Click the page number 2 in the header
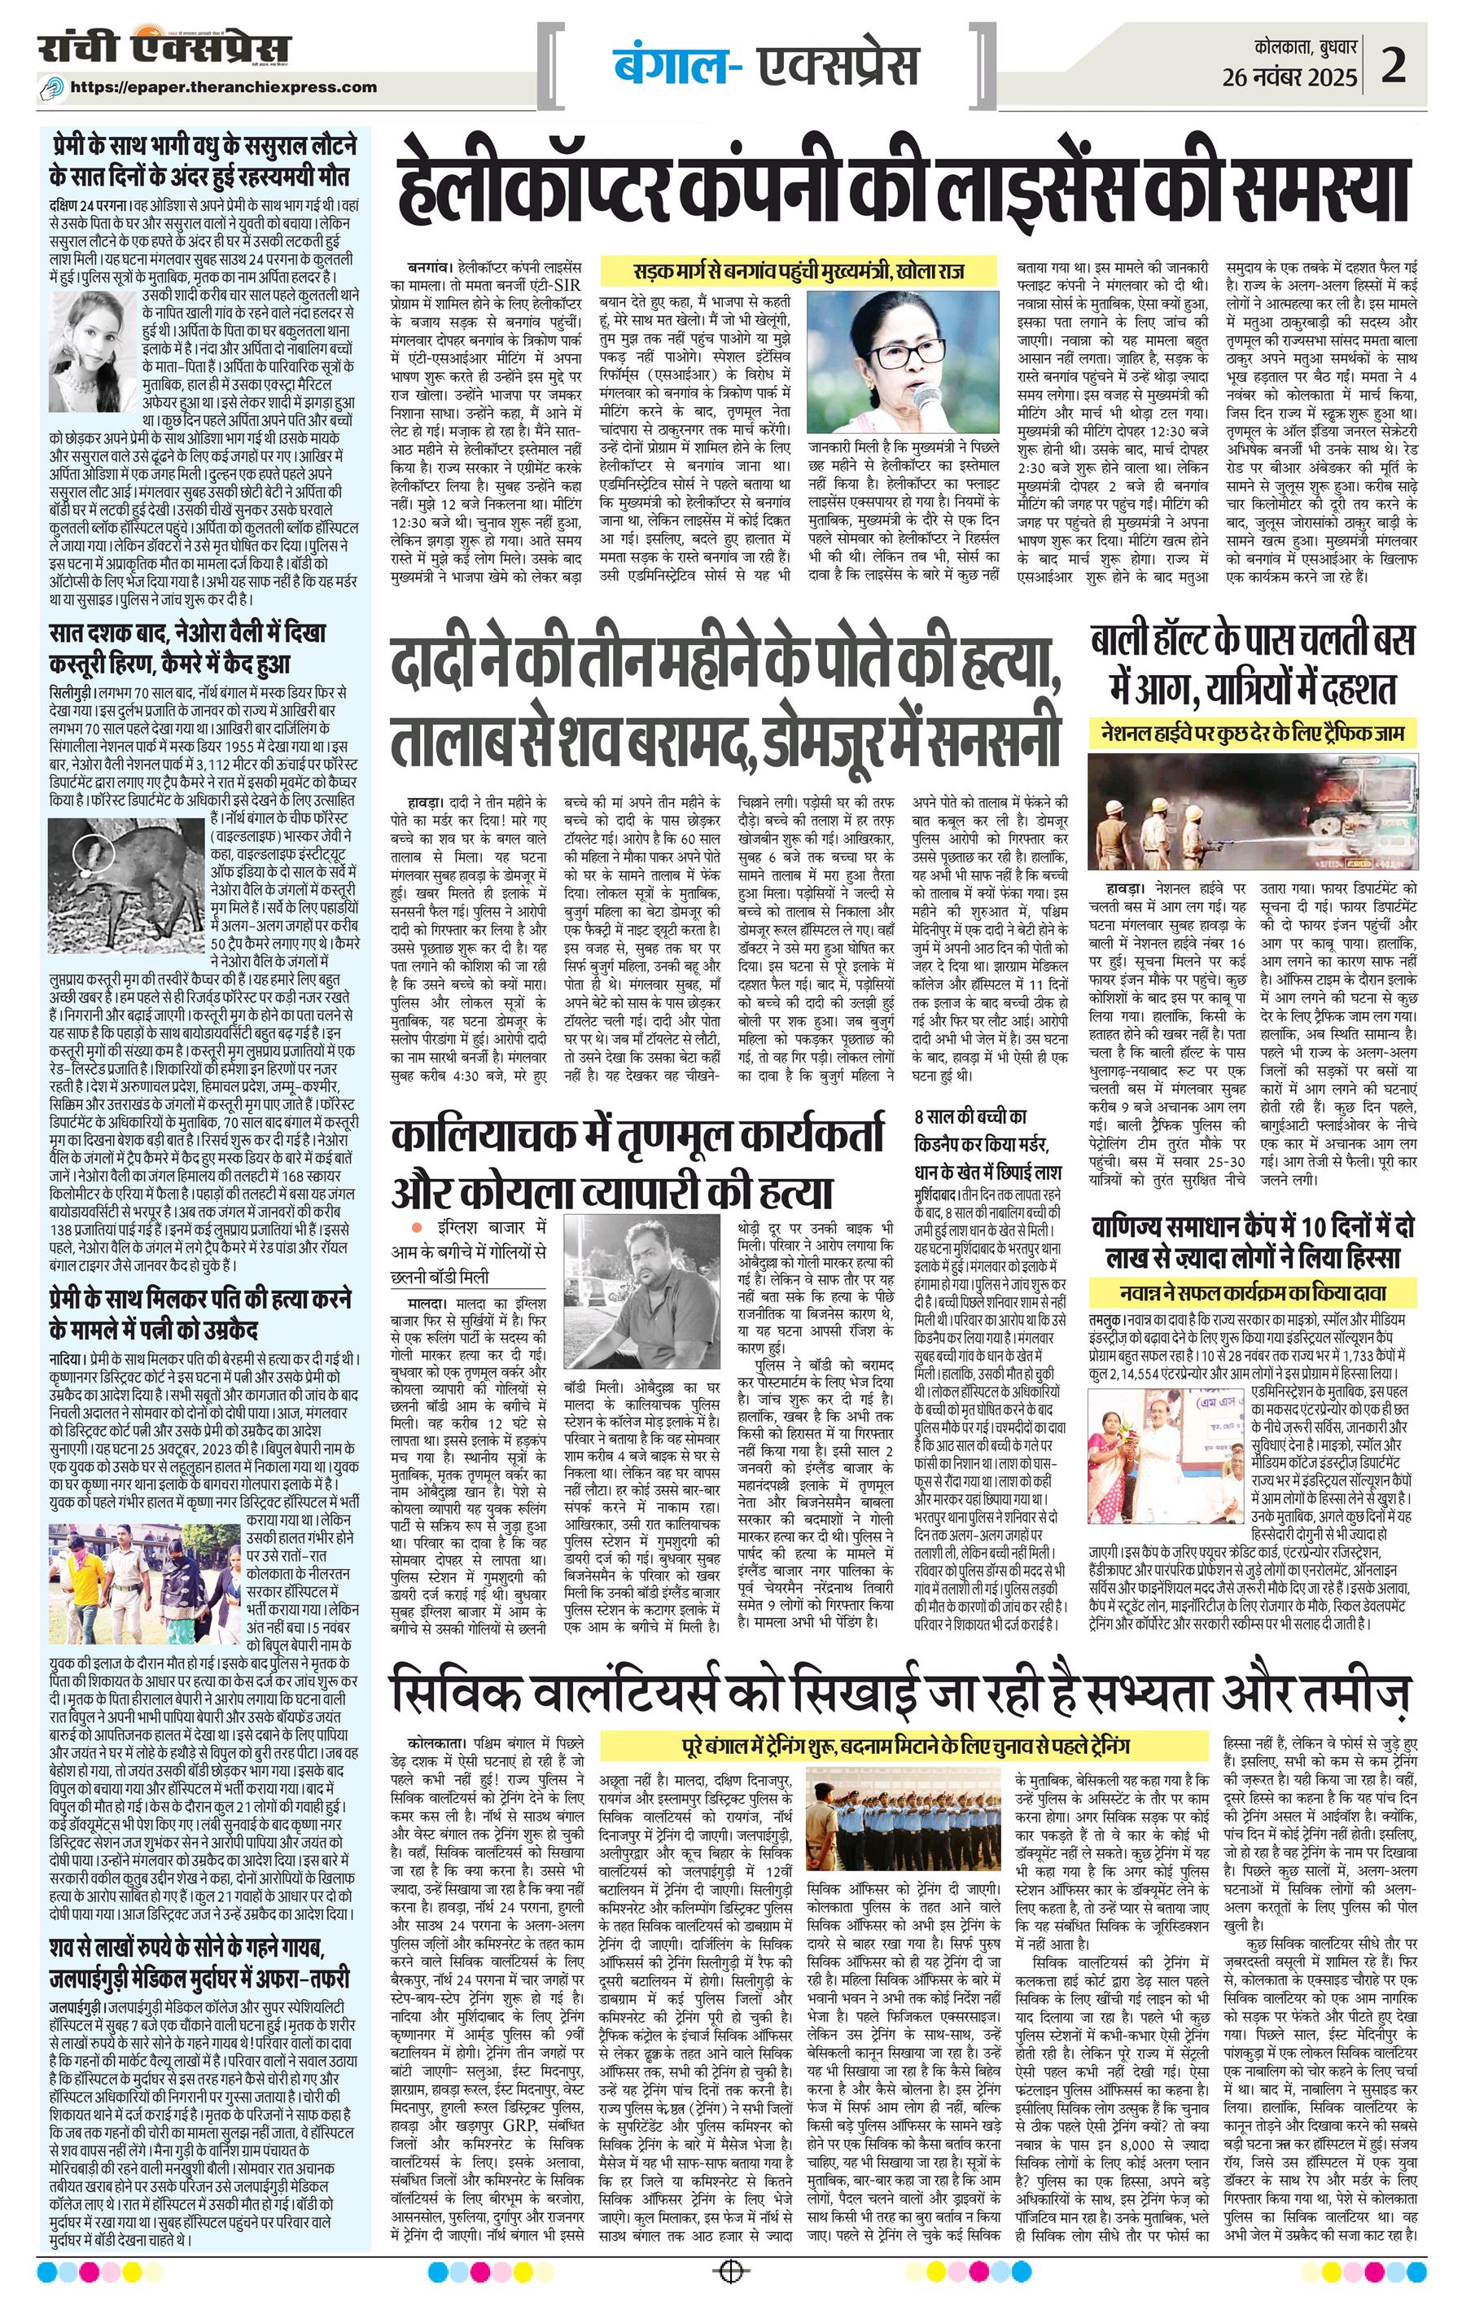click(x=1393, y=67)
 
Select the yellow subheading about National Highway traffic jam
click(x=1251, y=734)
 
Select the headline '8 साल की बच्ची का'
click(x=969, y=1116)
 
